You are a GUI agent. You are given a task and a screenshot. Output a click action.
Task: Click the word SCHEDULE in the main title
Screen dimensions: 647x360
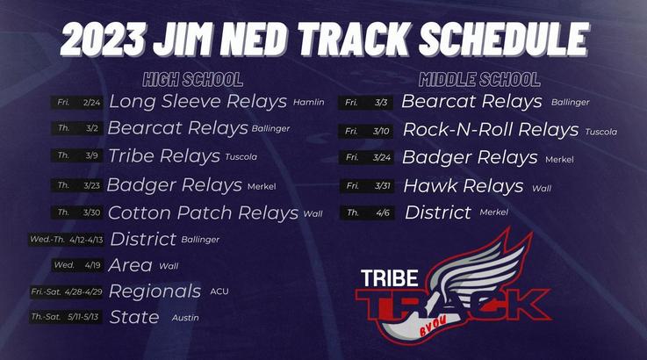pyautogui.click(x=504, y=39)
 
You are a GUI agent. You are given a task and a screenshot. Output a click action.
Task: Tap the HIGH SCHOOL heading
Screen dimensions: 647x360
pyautogui.click(x=193, y=80)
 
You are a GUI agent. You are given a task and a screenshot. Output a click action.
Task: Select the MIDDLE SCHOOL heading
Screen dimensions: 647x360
pyautogui.click(x=479, y=80)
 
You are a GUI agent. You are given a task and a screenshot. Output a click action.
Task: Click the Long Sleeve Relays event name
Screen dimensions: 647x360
pyautogui.click(x=198, y=102)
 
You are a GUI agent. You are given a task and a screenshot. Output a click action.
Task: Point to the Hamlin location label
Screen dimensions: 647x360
pyautogui.click(x=309, y=102)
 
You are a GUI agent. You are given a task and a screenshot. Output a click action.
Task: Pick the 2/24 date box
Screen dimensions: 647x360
pyautogui.click(x=76, y=103)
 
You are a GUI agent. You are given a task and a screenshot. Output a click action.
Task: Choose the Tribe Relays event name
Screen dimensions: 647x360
pyautogui.click(x=164, y=156)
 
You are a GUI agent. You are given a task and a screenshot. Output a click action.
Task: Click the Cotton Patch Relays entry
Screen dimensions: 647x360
pyautogui.click(x=203, y=213)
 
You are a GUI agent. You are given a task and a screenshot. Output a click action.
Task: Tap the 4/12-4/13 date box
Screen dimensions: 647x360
pyautogui.click(x=66, y=240)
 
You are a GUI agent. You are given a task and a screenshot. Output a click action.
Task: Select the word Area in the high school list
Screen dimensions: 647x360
pyautogui.click(x=131, y=265)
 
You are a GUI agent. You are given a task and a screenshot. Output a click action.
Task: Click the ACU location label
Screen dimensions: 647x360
pyautogui.click(x=219, y=292)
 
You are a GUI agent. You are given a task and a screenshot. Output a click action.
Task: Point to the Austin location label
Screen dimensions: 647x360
pyautogui.click(x=185, y=318)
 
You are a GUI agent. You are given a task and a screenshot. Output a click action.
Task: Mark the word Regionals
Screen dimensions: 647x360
pyautogui.click(x=155, y=292)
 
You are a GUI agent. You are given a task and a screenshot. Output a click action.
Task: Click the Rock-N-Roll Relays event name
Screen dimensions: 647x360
pyautogui.click(x=491, y=130)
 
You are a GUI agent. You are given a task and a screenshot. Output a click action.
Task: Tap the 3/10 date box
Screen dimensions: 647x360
pyautogui.click(x=366, y=132)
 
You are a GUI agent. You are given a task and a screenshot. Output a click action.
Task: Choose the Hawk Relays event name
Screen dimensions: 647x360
pyautogui.click(x=464, y=186)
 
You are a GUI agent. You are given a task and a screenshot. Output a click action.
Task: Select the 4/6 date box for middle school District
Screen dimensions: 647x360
pyautogui.click(x=367, y=213)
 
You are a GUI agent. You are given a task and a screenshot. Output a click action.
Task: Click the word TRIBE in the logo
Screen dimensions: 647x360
pyautogui.click(x=390, y=277)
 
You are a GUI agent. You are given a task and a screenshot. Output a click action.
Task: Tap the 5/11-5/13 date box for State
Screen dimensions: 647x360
pyautogui.click(x=66, y=317)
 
